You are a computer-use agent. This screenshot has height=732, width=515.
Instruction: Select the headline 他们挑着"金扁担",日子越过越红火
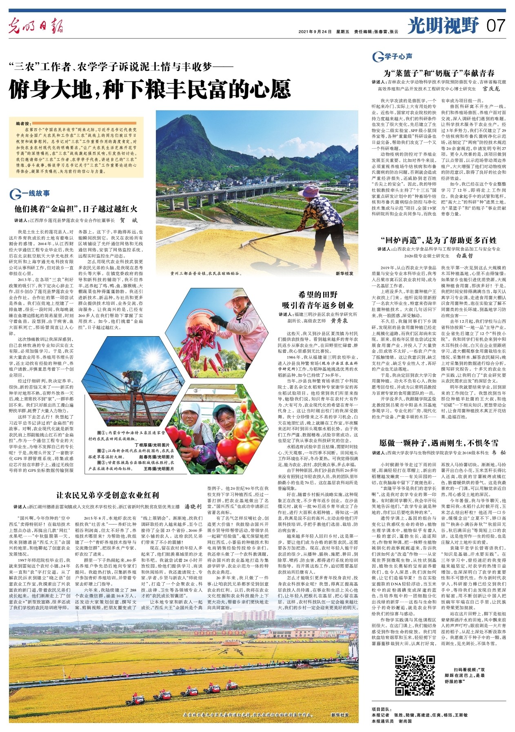[76, 209]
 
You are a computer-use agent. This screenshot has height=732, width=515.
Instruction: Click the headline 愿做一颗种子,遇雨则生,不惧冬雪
[439, 443]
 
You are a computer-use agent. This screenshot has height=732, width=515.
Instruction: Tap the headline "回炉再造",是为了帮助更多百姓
[439, 240]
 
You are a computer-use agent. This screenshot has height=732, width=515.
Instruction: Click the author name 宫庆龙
[491, 88]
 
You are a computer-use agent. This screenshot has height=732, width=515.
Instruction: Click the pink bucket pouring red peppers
[199, 324]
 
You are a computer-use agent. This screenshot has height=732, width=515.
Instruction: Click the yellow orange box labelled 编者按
[76, 147]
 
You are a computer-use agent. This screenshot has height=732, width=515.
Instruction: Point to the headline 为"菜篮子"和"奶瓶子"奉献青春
[439, 74]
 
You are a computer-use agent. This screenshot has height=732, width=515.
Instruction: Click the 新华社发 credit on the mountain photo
[344, 273]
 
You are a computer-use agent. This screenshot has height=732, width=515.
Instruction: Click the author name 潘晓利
[193, 507]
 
